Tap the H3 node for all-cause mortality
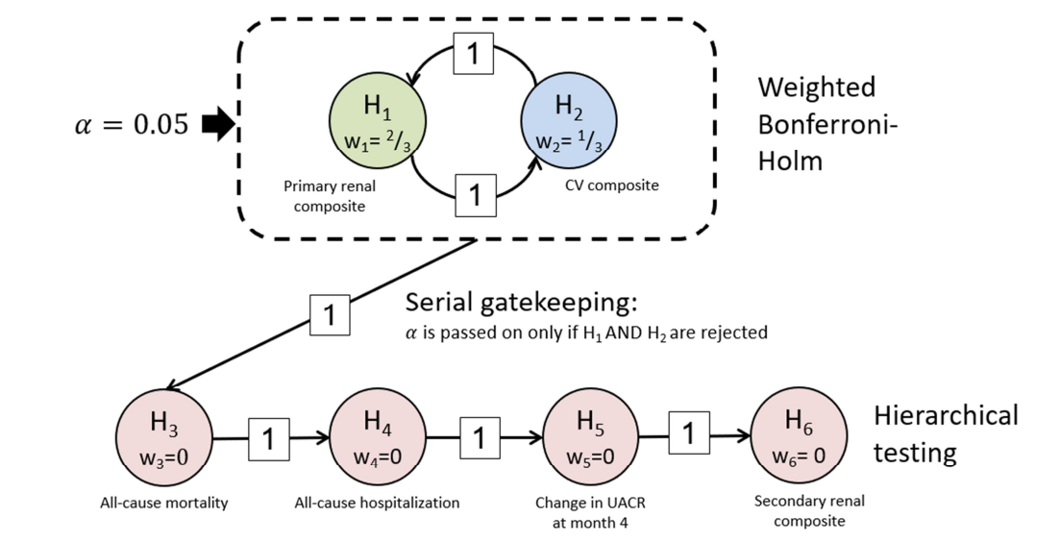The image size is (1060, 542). point(163,437)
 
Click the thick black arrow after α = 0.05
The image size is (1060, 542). point(219,125)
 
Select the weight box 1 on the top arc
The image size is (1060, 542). point(472,54)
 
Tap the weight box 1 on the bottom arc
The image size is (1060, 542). point(474,195)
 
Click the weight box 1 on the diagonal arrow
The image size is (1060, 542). point(330,315)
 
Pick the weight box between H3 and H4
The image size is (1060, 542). point(269,439)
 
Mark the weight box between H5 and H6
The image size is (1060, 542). point(688,433)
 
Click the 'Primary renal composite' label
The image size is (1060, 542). point(325,196)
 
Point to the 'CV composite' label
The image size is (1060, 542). point(611,185)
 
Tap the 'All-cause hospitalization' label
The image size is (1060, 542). point(377,503)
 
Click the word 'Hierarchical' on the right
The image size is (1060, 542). point(946,415)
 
